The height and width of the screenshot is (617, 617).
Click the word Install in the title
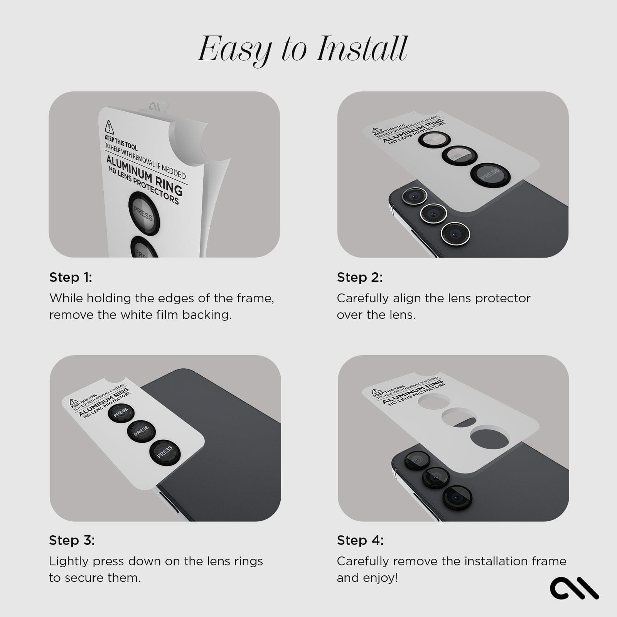[x=361, y=49]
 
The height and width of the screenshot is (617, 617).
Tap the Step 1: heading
[x=71, y=277]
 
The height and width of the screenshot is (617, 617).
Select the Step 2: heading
[x=360, y=277]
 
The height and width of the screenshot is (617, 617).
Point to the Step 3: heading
[x=72, y=540]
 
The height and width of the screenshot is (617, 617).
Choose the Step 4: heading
[x=360, y=540]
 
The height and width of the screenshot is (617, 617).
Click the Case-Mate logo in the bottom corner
[x=574, y=587]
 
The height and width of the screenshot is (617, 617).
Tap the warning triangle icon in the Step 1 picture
[x=110, y=126]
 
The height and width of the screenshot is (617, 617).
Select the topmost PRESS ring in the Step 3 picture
[x=121, y=413]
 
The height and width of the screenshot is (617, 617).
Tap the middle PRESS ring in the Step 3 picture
[x=141, y=431]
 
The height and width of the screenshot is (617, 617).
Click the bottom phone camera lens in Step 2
[x=455, y=233]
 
